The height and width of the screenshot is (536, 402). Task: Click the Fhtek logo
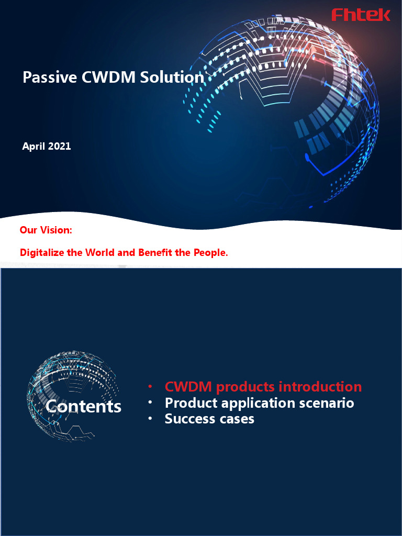[x=361, y=15]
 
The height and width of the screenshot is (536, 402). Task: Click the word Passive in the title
[x=43, y=77]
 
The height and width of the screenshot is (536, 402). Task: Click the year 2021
[x=59, y=147]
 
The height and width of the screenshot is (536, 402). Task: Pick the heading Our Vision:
[x=46, y=230]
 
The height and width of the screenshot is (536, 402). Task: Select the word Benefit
[x=157, y=252]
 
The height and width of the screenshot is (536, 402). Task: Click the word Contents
[x=83, y=407]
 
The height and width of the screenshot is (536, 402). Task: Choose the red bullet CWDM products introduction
[x=263, y=387]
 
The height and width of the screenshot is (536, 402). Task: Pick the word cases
[x=237, y=419]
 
